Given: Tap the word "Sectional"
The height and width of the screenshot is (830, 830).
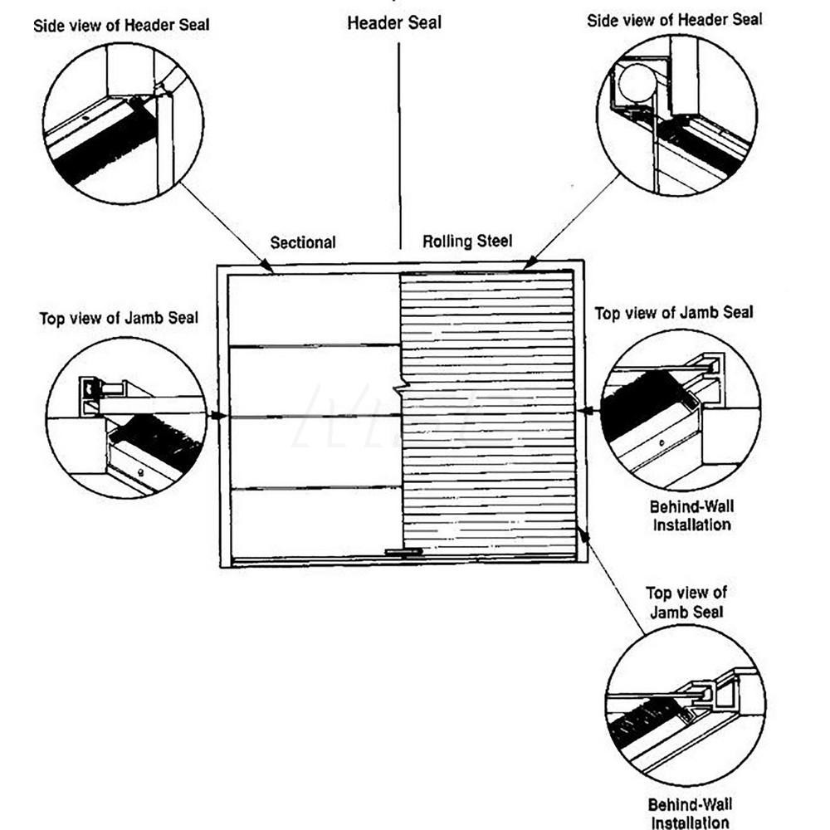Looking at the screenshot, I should [303, 242].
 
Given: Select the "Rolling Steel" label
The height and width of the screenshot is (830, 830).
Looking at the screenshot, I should [467, 242].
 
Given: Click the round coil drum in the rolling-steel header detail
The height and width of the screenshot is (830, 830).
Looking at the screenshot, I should [635, 84].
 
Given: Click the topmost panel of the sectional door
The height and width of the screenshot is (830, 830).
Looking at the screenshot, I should [314, 309].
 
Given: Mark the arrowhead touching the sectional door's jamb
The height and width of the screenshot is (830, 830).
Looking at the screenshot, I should [220, 415].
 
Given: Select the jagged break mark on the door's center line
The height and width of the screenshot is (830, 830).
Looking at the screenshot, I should [401, 388].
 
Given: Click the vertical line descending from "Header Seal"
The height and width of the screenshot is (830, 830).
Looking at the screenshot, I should [400, 141].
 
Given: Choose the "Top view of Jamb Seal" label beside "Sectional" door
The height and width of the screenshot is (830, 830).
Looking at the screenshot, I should [119, 319].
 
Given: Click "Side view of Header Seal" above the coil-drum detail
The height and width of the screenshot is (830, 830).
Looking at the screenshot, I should [675, 21].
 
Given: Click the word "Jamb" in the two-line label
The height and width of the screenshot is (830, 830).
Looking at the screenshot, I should [669, 612].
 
